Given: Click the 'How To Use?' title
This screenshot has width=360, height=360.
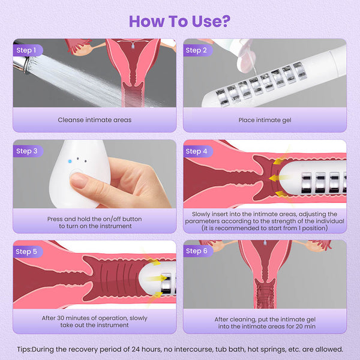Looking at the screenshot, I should [179, 20].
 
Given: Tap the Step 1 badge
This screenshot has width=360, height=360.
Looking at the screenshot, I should [26, 50].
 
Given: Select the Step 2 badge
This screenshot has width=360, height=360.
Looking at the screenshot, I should [196, 50].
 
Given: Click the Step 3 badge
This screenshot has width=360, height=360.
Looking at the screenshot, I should [26, 151].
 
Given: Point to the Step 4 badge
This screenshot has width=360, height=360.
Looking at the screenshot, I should [196, 151].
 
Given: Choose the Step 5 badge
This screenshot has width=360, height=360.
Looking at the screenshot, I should [26, 251].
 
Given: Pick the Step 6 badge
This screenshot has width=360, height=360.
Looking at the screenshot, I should [196, 251].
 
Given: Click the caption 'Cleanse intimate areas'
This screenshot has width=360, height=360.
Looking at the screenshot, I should [95, 120].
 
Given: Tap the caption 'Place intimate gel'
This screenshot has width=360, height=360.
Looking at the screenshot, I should [265, 120].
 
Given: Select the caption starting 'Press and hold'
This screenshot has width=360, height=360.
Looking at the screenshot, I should [95, 223].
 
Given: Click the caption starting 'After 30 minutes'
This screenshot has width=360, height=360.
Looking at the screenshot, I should [95, 321].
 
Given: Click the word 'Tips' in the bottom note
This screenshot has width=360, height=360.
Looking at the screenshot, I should [25, 349].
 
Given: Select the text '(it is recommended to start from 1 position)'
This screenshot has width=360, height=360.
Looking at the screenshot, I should [265, 228].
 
